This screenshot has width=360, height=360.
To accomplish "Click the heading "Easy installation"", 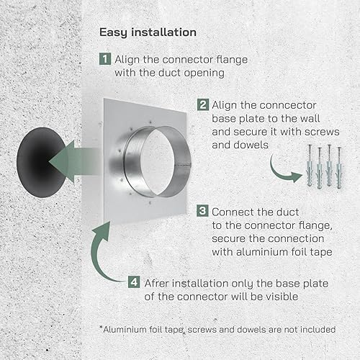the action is tap(148, 32).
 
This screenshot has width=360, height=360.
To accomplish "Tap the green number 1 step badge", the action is tap(105, 59).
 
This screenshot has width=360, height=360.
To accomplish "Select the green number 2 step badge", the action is tap(203, 105).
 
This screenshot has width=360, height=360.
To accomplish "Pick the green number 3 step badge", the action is tap(202, 211).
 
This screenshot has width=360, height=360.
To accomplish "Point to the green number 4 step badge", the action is tap(134, 282).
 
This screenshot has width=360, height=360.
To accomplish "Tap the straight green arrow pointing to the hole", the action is tap(74, 162).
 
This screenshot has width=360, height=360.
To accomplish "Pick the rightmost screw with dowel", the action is tap(339, 168).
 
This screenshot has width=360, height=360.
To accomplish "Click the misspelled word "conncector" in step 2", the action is tap(288, 105).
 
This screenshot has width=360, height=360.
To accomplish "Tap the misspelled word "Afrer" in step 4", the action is tap(156, 283).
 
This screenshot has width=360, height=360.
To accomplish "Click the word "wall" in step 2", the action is tap(310, 119).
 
